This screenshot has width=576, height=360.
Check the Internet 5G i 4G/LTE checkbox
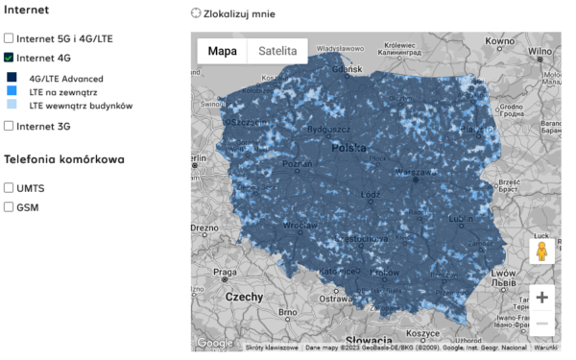[x=10, y=38]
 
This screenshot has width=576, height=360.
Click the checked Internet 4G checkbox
[x=10, y=58]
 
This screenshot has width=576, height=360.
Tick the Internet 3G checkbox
[x=10, y=126]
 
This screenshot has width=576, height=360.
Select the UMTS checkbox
[x=10, y=188]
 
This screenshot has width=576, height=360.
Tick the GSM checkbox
[x=10, y=206]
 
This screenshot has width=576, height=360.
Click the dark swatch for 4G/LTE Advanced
[x=12, y=78]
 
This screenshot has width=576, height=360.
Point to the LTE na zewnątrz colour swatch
[x=12, y=91]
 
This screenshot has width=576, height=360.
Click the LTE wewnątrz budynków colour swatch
[x=12, y=105]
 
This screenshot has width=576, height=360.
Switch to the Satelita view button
[x=277, y=51]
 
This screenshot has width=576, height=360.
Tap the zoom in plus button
[x=542, y=298]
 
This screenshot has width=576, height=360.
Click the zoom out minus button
[x=542, y=324]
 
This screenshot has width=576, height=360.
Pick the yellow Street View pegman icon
[x=542, y=252]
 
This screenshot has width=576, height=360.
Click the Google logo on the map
[x=215, y=343]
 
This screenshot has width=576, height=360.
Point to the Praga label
[x=224, y=273]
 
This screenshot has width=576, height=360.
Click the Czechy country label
[x=244, y=297]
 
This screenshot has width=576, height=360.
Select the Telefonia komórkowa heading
[x=64, y=159]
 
